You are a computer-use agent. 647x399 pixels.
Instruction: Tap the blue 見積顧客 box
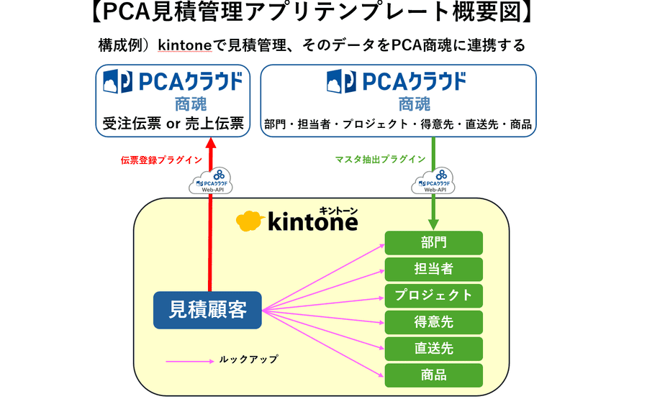(x=207, y=310)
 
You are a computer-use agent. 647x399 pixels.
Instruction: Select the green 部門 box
(x=433, y=243)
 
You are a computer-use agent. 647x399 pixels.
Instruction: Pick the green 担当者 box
(x=433, y=269)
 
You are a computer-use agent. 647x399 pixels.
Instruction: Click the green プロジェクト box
(x=433, y=295)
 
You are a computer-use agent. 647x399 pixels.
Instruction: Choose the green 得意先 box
(x=433, y=321)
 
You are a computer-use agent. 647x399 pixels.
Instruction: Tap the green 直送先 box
(x=433, y=348)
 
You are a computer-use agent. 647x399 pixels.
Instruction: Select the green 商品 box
(x=433, y=375)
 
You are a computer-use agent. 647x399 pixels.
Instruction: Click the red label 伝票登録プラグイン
(x=161, y=160)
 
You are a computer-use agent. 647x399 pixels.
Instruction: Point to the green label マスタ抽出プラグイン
(x=380, y=160)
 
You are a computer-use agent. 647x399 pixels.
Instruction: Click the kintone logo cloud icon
(x=250, y=221)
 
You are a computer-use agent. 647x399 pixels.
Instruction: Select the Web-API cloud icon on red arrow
(x=211, y=181)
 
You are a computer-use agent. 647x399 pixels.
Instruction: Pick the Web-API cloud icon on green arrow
(x=433, y=181)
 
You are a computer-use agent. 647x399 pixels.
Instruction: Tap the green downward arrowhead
(x=433, y=224)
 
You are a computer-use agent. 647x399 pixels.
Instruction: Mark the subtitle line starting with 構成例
(x=312, y=45)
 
